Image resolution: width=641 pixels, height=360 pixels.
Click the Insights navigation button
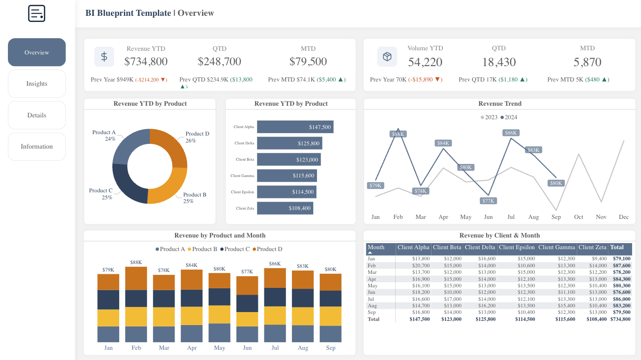point(37,84)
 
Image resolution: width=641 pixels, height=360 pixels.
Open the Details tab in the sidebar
point(37,115)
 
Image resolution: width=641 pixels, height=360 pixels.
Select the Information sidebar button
point(37,147)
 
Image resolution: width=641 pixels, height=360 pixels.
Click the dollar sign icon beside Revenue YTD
point(104,57)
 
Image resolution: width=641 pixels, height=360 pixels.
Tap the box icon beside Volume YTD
point(387,57)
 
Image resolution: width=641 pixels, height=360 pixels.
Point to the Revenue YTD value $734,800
point(146,61)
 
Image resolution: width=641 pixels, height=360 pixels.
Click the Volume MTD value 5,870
point(587,62)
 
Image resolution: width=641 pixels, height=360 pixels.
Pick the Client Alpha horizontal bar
point(295,127)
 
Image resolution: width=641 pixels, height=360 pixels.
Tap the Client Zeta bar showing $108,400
point(284,208)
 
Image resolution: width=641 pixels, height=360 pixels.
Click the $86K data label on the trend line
point(511,133)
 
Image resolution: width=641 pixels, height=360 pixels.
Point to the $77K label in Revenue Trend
point(488,201)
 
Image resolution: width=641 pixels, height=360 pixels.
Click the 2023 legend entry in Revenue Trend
point(489,117)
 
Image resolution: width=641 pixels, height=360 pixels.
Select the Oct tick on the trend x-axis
point(579,217)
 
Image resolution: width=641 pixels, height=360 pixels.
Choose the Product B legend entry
point(202,249)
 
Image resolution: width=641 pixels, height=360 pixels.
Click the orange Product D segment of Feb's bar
point(136,278)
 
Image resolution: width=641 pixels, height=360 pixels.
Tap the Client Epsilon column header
point(517,247)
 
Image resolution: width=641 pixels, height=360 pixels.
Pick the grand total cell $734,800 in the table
point(621,319)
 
